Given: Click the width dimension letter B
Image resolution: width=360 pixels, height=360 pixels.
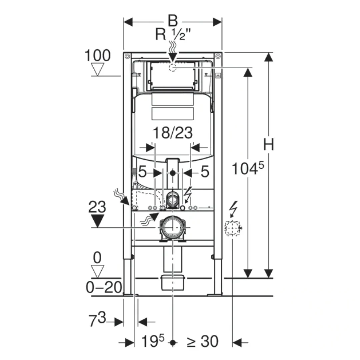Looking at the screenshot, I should click(173, 21).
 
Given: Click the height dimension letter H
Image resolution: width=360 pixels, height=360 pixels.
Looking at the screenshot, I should click(268, 145).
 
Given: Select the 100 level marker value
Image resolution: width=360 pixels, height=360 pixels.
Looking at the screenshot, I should click(97, 56).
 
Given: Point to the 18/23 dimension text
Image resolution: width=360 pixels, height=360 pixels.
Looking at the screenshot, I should click(173, 133).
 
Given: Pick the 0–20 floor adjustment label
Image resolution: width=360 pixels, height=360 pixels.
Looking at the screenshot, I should click(104, 287).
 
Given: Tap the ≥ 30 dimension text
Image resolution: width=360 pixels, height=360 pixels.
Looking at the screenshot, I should click(202, 341).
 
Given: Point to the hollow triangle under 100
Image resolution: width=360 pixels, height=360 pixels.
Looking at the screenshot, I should click(98, 69).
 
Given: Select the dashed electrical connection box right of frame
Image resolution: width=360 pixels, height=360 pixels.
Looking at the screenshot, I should click(232, 228).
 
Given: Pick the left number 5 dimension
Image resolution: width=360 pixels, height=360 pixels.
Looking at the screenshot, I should click(142, 172).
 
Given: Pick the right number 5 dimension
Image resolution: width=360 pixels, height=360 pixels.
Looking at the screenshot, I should click(205, 172).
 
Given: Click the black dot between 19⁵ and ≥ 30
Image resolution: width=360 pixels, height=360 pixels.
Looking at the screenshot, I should click(172, 342).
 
